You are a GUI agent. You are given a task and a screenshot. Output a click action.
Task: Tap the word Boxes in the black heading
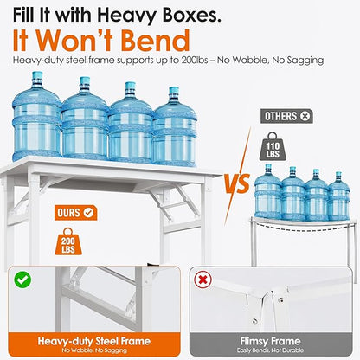point(191,15)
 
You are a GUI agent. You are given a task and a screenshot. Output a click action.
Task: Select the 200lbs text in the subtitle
point(195,60)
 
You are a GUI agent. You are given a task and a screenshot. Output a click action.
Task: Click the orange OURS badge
point(76,213)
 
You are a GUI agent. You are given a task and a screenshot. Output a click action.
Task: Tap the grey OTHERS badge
point(286,116)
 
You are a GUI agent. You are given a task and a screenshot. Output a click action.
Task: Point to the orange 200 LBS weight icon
point(68,241)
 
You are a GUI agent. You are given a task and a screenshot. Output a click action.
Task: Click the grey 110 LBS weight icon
point(273,146)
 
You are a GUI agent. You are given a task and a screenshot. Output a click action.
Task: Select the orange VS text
point(237,183)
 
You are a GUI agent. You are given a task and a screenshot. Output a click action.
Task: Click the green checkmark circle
point(22,280)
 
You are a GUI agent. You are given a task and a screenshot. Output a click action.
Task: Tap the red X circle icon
point(202,280)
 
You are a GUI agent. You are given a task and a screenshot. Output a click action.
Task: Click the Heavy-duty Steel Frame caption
point(94,341)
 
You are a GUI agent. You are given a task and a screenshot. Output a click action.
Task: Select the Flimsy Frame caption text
point(270,341)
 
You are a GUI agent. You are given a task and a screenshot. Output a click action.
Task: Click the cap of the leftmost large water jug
point(37,76)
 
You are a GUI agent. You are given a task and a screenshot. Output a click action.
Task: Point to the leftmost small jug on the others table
point(267,191)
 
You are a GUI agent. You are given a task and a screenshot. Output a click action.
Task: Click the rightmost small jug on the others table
point(339,196)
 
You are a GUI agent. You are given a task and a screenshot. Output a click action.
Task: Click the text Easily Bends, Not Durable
point(270,350)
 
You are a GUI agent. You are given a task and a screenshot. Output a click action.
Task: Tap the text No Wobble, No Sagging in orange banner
point(94,350)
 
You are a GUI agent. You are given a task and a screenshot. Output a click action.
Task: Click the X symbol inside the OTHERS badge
point(305,116)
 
